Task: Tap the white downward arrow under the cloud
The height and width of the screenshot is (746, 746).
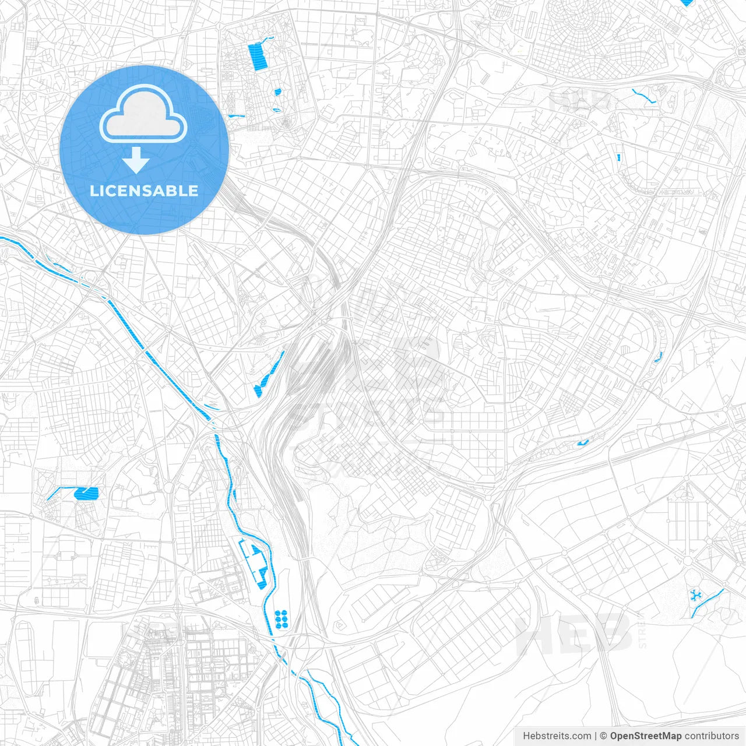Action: (136, 160)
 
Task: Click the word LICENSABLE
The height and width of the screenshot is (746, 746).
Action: (144, 191)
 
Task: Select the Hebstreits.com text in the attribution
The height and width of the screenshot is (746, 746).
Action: (557, 736)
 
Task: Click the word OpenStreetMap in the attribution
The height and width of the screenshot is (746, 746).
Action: (646, 736)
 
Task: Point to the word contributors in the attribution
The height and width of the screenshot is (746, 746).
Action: (711, 736)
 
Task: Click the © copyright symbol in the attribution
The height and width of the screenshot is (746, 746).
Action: (604, 736)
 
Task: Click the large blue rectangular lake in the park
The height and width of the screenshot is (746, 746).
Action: (257, 57)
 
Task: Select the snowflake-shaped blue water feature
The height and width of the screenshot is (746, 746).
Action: (695, 595)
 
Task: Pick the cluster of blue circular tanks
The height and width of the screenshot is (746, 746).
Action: (281, 619)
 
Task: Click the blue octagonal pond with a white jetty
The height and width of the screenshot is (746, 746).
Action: (86, 494)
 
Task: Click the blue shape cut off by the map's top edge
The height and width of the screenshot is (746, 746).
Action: (688, 2)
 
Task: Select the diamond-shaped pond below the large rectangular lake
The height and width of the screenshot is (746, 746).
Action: (277, 92)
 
